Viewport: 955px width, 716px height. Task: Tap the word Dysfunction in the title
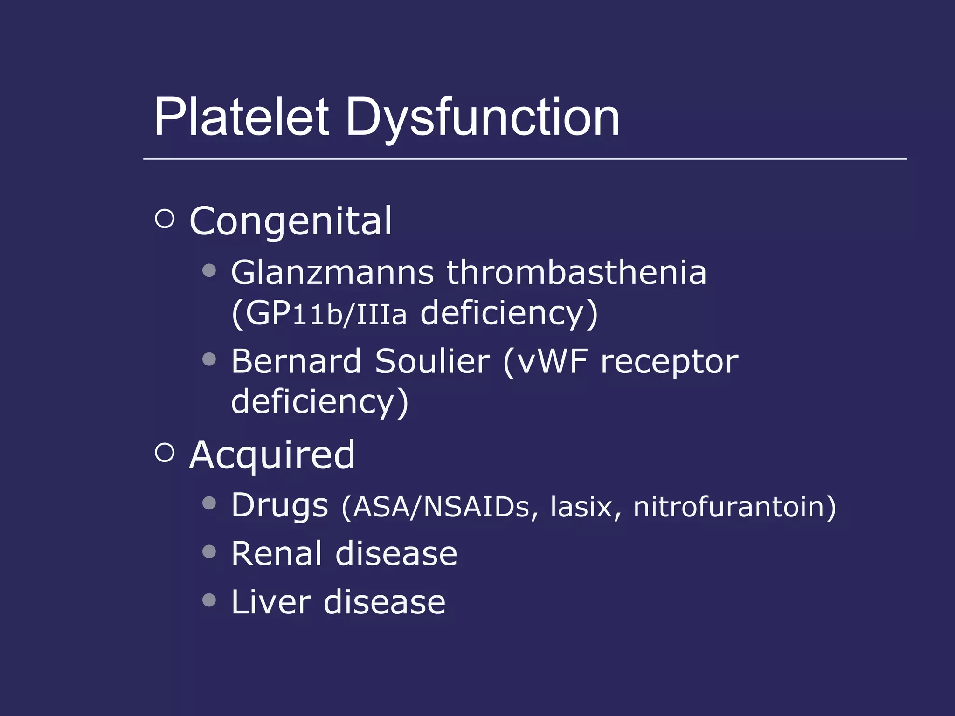pos(482,117)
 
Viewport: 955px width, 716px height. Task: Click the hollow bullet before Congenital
pos(164,218)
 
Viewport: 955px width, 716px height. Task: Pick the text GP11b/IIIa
pos(325,313)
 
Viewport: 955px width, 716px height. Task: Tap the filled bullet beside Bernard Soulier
pos(209,359)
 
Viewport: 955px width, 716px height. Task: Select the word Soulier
pos(432,361)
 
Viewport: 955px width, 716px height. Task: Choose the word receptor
pos(670,362)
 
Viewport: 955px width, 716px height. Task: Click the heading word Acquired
pos(272,455)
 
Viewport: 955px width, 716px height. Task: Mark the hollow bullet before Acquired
pos(164,452)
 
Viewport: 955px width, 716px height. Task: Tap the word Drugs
pos(280,505)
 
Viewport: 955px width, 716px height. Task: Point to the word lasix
pos(581,507)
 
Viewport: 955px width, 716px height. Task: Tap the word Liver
pos(271,602)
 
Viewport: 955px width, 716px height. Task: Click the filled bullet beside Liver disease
pos(209,600)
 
